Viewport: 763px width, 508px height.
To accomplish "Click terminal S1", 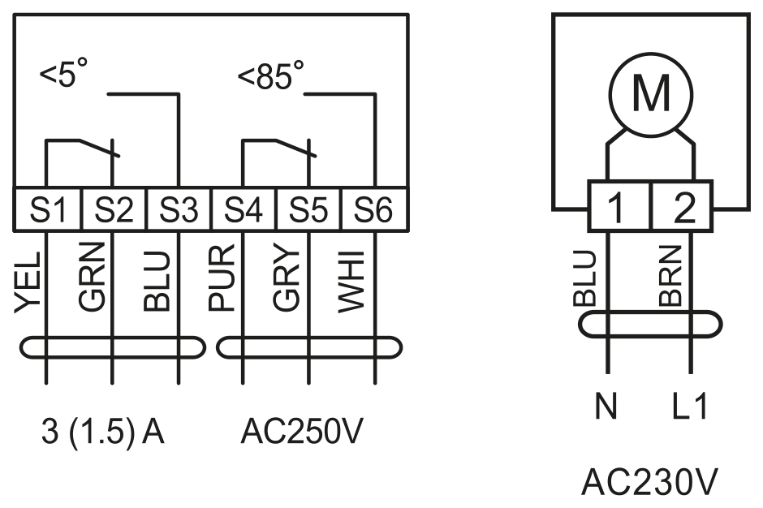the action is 47,209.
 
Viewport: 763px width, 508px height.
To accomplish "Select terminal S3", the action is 179,209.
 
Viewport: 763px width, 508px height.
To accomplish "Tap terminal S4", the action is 244,209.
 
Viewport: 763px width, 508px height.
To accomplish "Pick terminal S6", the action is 373,209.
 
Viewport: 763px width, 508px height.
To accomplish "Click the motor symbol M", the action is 651,94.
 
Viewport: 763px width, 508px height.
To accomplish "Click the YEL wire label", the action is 27,282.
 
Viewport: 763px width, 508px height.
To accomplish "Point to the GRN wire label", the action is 92,277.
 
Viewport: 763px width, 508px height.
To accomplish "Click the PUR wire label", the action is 222,278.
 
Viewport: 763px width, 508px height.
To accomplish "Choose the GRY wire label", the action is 286,279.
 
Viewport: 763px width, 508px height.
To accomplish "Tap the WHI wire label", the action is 351,282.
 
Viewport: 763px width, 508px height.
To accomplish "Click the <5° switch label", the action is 64,73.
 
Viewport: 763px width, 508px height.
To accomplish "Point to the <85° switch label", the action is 270,75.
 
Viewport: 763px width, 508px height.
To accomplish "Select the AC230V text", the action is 649,482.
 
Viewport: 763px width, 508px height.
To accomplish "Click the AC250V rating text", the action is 302,431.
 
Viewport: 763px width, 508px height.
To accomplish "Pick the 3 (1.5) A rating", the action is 102,432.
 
